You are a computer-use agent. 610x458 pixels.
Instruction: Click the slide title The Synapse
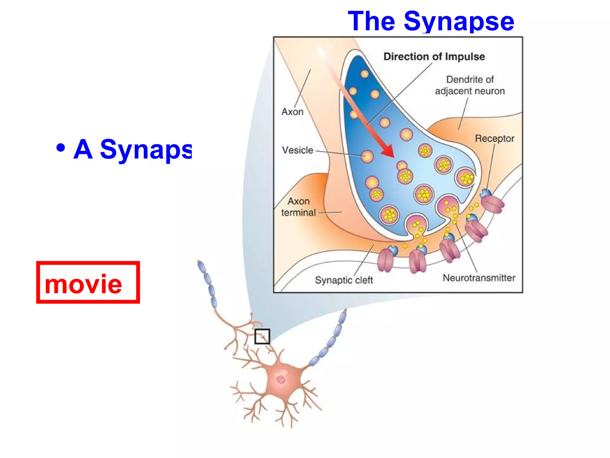[431, 21]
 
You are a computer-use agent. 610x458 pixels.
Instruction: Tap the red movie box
[88, 282]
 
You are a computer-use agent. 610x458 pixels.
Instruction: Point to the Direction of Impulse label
[434, 57]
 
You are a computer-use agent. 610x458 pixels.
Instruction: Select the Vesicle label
[298, 150]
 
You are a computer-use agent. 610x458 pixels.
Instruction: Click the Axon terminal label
[298, 207]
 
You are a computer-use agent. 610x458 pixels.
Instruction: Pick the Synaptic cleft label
[344, 280]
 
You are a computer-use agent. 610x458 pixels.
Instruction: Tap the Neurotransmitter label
[479, 278]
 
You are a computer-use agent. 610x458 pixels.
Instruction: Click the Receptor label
[494, 138]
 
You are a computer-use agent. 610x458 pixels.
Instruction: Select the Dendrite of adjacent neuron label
[470, 85]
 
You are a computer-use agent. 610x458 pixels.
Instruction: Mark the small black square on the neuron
[262, 336]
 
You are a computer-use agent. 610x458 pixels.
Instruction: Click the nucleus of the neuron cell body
[281, 379]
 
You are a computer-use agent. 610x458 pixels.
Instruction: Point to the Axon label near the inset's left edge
[292, 112]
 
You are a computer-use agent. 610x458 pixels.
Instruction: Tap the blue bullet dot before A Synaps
[60, 148]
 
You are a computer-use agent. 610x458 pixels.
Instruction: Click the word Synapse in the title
[459, 21]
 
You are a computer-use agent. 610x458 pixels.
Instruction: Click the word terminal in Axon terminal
[298, 213]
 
